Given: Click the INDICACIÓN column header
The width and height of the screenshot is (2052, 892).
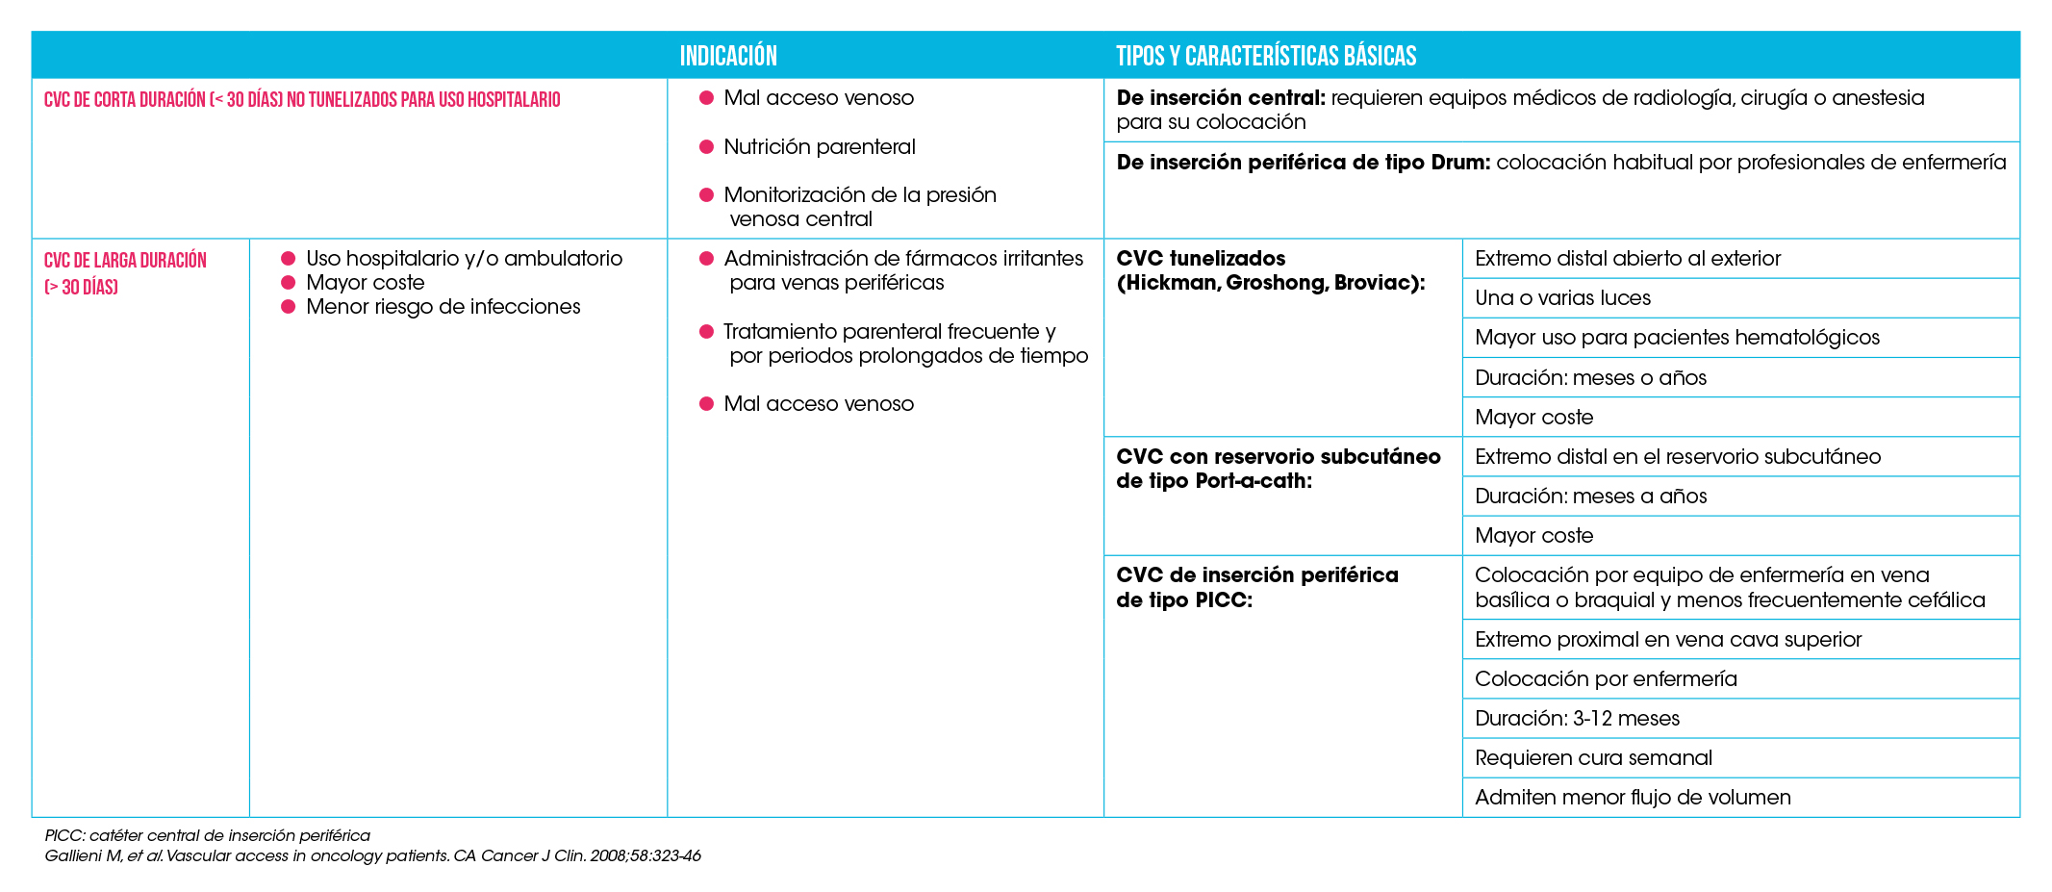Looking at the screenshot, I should [728, 56].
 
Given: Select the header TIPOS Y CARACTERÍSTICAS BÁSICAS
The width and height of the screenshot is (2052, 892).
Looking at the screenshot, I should [1265, 56].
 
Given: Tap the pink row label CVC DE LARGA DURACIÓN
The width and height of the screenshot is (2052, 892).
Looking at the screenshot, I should [125, 262].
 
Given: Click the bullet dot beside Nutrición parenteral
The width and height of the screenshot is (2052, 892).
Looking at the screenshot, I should [706, 147].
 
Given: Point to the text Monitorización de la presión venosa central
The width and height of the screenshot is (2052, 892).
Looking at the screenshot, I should [859, 207].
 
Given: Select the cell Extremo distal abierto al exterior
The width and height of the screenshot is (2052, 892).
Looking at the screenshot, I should [1627, 259].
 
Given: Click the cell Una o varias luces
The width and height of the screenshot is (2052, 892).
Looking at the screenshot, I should [1562, 298].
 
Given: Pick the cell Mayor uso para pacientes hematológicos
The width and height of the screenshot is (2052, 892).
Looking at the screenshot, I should [1677, 338].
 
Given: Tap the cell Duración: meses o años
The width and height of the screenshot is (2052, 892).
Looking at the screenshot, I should [1590, 378].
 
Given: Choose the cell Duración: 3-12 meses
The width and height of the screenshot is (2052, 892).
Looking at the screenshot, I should [1577, 719].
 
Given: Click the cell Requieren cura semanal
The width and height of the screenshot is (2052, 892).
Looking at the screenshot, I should [1593, 758].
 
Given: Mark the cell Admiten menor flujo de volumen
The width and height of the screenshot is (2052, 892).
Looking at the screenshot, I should [1633, 798].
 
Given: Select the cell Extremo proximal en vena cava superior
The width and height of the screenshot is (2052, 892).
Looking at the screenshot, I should [1668, 640].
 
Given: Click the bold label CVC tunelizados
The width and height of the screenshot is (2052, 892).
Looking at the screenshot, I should [1201, 259].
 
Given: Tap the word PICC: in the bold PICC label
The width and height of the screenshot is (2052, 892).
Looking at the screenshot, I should [1224, 600].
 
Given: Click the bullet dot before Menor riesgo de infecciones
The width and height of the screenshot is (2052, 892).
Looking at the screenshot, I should [288, 307].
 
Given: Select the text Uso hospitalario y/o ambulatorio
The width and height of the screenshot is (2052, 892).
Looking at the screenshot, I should [464, 259].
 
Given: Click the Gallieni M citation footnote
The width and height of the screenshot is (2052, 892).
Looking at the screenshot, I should [372, 855].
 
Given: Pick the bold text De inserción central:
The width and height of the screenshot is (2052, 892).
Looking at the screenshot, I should [1221, 98].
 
